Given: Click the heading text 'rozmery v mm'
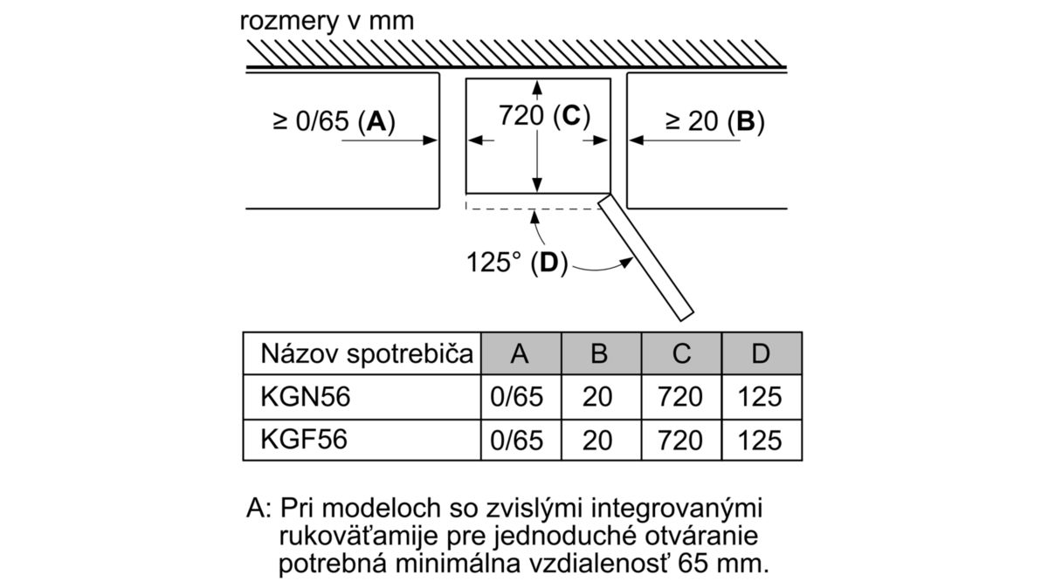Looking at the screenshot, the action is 327,22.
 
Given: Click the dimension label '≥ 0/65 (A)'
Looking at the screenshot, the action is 334,121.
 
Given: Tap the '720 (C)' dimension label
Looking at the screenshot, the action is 544,115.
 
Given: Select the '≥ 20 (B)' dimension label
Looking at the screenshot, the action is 715,121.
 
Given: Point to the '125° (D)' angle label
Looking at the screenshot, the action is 517,263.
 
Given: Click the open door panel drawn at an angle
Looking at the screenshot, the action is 645,257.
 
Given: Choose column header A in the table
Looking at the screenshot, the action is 521,353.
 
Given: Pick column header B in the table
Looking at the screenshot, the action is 601,353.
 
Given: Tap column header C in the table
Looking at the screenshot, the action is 682,353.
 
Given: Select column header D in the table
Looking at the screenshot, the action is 762,353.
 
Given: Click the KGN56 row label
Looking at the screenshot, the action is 305,397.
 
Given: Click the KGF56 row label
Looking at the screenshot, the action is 304,440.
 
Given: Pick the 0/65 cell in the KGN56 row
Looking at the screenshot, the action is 516,397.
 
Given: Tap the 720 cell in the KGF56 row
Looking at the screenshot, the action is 680,441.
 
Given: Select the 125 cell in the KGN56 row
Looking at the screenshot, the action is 760,397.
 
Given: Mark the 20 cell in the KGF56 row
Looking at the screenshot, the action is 597,441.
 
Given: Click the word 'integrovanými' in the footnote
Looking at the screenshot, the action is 677,509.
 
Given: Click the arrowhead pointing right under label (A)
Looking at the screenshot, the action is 430,140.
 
